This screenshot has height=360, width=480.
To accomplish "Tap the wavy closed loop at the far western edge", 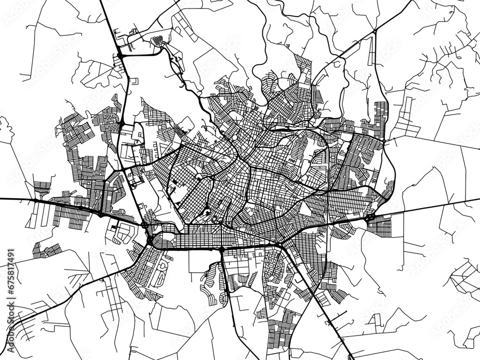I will pos(6,130).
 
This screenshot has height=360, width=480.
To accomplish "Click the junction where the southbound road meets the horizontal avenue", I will pos(221,250).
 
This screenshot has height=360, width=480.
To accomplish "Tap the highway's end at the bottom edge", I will pos(353,358).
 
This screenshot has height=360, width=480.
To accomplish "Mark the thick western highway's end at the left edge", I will pos(2,198).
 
